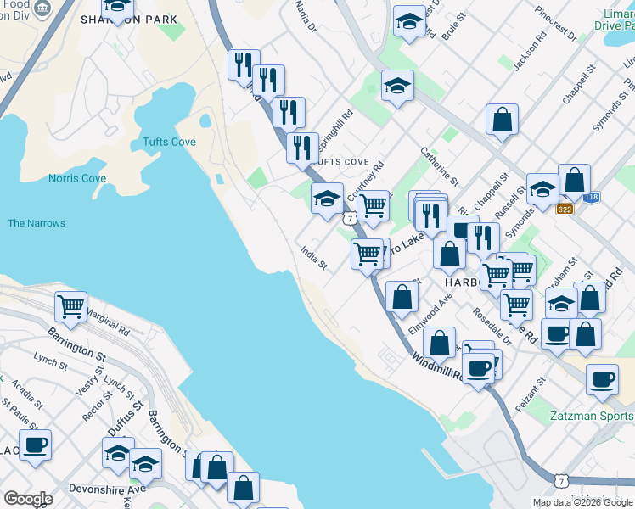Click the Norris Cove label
click(77, 179)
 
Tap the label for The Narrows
click(36, 224)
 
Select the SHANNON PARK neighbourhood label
click(141, 20)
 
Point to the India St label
click(314, 258)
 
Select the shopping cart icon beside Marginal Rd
click(71, 306)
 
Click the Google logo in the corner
click(28, 498)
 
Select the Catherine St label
click(439, 166)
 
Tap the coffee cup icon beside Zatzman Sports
click(602, 379)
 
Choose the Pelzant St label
click(534, 400)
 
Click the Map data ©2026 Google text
click(582, 502)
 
